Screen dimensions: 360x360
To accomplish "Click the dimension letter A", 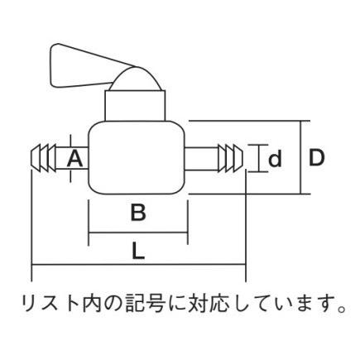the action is pos(75,159).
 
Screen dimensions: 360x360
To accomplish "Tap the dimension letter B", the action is pos(138,213).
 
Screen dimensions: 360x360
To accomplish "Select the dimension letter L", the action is pos(138,251).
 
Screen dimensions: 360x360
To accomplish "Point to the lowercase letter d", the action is pos(275,159).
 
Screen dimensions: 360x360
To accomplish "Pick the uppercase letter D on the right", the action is pos(316,158).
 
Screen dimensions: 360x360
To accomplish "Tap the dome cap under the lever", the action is pos(136,79).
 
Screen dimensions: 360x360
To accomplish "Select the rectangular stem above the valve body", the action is pos(135,106).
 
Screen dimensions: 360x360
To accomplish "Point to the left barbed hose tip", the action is pos(44,158).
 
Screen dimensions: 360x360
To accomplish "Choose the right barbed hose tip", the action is pos(231,158).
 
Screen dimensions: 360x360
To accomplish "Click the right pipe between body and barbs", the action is pos(201,158).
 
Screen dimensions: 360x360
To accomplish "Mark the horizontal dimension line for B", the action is pos(138,233).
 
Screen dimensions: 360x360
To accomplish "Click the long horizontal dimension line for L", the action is pos(139,265).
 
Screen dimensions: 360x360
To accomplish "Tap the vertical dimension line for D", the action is pos(301,157).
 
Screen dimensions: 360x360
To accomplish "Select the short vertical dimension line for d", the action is pos(259,158).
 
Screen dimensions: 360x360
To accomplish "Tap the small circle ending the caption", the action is pos(342,308).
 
